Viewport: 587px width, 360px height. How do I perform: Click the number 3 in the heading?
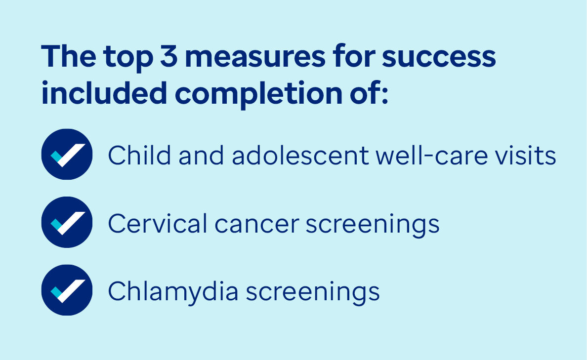[x=168, y=56]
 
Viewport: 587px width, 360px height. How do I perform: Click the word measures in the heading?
[x=255, y=57]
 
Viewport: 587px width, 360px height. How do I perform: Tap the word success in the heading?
[x=439, y=57]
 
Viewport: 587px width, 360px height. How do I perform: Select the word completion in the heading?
[x=259, y=94]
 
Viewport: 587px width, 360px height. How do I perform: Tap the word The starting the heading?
[x=69, y=56]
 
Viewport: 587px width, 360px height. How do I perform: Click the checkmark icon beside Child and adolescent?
[x=67, y=154]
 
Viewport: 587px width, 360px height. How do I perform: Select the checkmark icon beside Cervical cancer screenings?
[x=67, y=222]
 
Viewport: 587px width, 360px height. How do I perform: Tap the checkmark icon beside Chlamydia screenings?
[x=67, y=290]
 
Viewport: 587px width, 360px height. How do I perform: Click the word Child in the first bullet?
[x=140, y=155]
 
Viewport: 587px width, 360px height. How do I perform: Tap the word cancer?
[x=257, y=226]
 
